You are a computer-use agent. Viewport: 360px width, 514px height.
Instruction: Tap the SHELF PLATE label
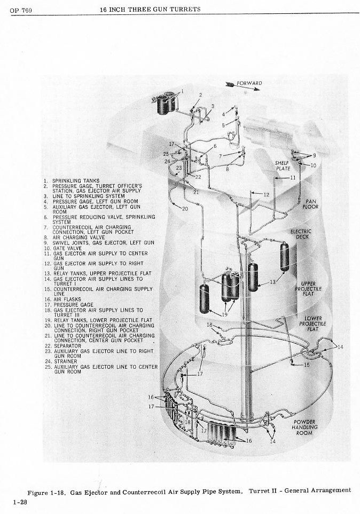pos(283,165)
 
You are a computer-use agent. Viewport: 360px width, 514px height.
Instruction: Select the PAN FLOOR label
pos(311,204)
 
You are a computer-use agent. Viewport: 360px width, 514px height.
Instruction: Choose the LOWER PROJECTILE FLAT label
pos(310,323)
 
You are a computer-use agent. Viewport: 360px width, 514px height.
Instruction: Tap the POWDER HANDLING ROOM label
pos(304,427)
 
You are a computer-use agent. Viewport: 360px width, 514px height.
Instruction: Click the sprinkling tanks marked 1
pos(168,102)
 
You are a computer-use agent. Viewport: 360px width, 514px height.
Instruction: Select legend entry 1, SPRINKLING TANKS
pos(72,180)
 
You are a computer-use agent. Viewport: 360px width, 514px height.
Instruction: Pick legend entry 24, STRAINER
pos(65,361)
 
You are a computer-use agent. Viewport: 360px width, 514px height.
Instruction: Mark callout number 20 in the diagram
pos(185,209)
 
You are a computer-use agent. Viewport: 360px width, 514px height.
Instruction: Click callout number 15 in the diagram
pos(307,365)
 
